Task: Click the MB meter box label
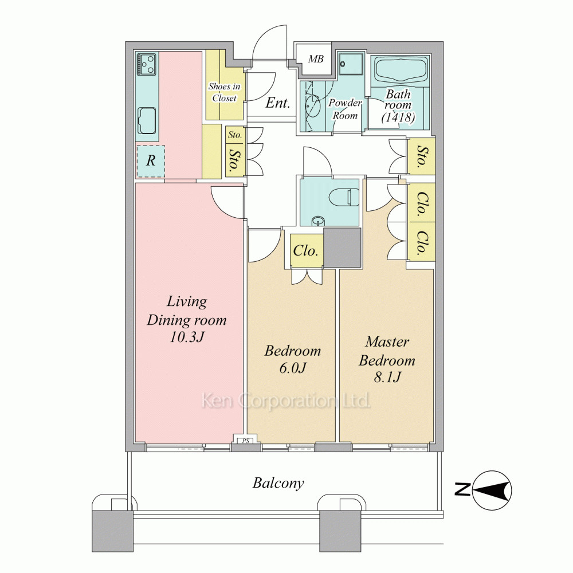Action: click(316, 59)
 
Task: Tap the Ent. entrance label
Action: click(278, 103)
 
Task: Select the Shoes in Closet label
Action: click(225, 92)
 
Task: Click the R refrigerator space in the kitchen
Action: click(151, 161)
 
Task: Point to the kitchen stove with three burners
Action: click(147, 64)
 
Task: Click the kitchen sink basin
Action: click(147, 120)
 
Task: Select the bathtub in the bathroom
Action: click(401, 72)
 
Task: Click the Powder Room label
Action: click(345, 109)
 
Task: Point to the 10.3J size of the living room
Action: click(186, 337)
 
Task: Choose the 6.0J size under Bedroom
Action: click(292, 368)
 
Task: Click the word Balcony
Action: click(278, 483)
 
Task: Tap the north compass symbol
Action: click(492, 490)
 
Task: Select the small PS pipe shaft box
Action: click(245, 441)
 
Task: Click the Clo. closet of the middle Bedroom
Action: click(306, 251)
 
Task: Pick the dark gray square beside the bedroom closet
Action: click(343, 248)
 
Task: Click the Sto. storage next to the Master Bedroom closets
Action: click(421, 156)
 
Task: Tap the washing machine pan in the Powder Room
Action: click(351, 64)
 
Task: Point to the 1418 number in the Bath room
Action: click(398, 117)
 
